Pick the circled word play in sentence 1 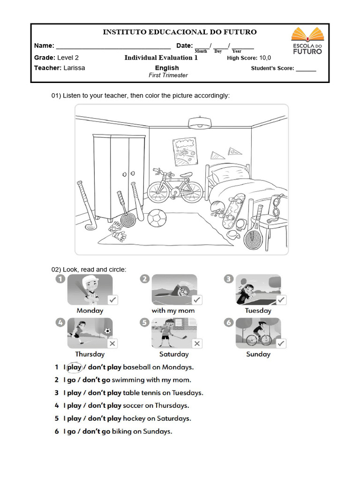(x=74, y=367)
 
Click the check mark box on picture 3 (x=281, y=300)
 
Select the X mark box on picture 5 (x=197, y=343)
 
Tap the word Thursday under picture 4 (x=90, y=354)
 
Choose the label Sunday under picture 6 (x=258, y=354)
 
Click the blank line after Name (x=113, y=47)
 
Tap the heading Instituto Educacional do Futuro (x=180, y=32)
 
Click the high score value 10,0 (x=265, y=58)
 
